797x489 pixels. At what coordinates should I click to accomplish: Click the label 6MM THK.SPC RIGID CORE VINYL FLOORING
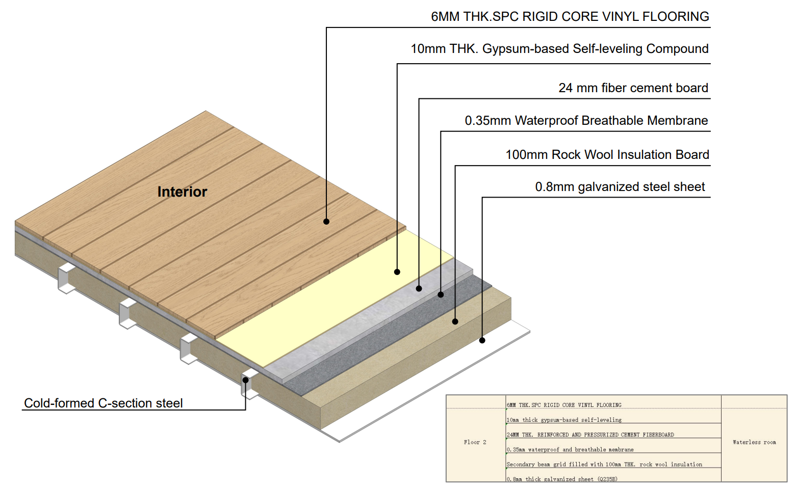[x=570, y=17]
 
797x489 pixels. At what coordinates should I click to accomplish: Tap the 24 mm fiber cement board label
[x=633, y=88]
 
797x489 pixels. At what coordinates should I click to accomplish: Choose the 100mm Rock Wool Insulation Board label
[x=607, y=154]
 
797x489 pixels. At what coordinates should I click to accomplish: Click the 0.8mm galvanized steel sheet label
[x=620, y=186]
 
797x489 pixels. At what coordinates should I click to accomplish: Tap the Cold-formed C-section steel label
[x=103, y=403]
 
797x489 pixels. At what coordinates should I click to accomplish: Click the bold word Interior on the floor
[x=182, y=192]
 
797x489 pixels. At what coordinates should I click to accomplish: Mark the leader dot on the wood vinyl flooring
[x=326, y=222]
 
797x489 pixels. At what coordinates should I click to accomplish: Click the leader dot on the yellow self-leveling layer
[x=397, y=272]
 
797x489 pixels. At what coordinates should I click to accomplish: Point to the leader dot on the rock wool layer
[x=455, y=321]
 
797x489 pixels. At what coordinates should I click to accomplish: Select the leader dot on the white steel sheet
[x=482, y=340]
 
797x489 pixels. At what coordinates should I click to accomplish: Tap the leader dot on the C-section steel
[x=245, y=381]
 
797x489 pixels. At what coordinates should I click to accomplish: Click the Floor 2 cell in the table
[x=475, y=442]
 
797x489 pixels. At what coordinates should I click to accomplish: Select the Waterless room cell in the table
[x=754, y=442]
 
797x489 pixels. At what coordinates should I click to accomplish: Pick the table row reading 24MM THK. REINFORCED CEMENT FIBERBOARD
[x=590, y=434]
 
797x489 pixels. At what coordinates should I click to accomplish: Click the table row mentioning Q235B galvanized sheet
[x=562, y=479]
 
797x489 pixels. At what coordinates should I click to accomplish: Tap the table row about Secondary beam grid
[x=604, y=464]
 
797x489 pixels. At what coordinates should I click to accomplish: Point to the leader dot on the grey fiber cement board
[x=419, y=289]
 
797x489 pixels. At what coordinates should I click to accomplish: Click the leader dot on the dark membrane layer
[x=441, y=294]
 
